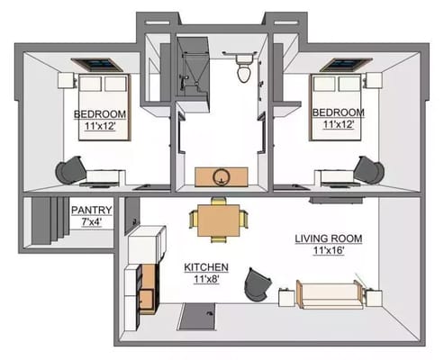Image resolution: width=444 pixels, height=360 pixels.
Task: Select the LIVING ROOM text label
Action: point(328,238)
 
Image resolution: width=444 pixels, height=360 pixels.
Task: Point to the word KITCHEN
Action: point(206,267)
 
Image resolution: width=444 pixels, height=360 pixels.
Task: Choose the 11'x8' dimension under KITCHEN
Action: point(206,280)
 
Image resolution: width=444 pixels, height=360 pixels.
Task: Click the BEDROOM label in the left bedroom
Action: point(99,113)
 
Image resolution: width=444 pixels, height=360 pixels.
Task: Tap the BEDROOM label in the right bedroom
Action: point(337,113)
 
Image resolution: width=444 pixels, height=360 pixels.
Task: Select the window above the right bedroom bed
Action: point(340,64)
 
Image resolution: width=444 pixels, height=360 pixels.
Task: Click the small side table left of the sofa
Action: point(288,295)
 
